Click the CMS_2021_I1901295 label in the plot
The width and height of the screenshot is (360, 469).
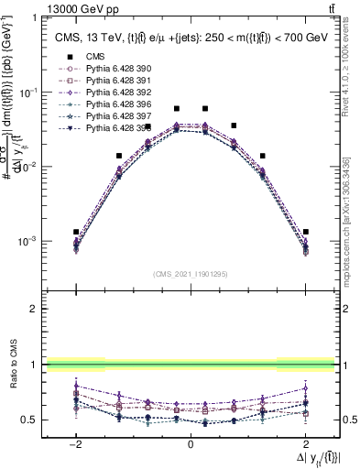click(x=190, y=274)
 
